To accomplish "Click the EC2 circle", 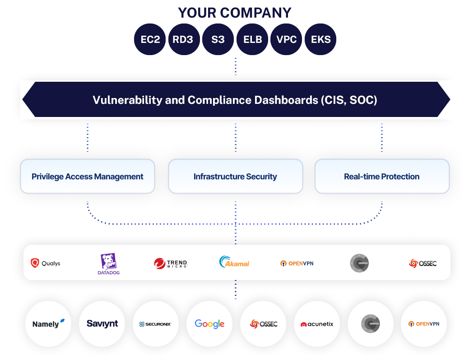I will coord(150,39).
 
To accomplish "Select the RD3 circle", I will coord(183,39).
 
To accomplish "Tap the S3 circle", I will coord(218,39).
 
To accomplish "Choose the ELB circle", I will coord(252,39).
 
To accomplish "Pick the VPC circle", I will coord(287,39).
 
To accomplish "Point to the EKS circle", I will coord(320,39).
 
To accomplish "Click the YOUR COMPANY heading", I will coord(235,12).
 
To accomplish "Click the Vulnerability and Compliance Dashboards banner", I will coord(235,100).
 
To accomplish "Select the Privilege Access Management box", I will coord(88,177).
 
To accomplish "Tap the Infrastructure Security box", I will coord(235,177).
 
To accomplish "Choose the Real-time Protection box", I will coord(382,177).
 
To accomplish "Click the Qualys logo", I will coord(45,263).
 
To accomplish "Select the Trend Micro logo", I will coord(170,263).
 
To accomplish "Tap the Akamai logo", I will coord(234,262).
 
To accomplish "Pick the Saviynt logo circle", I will coord(102,324).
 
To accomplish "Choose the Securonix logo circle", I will coord(156,324).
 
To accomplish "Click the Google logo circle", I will coord(209,324).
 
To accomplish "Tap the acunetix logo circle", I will coord(317,324).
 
